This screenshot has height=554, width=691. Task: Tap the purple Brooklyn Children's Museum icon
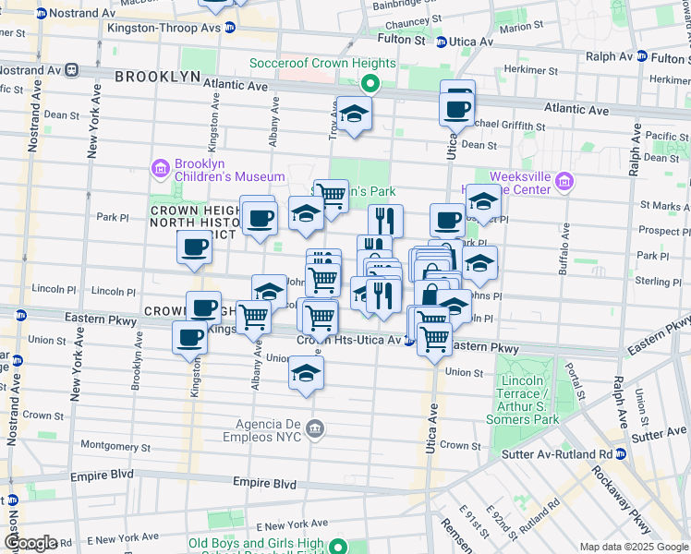click(x=158, y=169)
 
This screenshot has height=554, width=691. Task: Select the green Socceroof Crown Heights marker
click(x=370, y=83)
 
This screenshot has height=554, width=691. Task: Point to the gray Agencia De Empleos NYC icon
click(x=316, y=428)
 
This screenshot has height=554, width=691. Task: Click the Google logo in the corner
click(x=30, y=542)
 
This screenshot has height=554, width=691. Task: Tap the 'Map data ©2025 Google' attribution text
click(x=633, y=547)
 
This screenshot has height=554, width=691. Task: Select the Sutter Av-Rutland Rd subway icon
click(x=621, y=453)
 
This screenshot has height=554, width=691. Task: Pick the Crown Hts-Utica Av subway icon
click(x=410, y=341)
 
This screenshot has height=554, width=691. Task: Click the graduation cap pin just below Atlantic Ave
click(x=353, y=114)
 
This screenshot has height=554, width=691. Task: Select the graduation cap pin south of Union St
click(x=306, y=374)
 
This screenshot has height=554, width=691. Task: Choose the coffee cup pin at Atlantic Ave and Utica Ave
click(x=457, y=106)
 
